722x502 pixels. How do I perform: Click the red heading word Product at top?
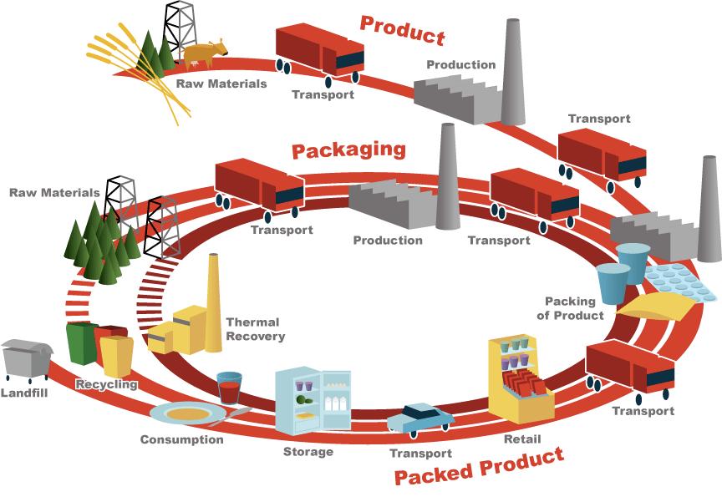pos(402,30)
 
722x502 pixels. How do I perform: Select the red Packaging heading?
pos(348,150)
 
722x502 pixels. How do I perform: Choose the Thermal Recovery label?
pos(256,329)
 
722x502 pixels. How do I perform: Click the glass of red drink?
pos(229,388)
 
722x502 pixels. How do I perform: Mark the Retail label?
pos(522,439)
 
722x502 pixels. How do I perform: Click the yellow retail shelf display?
pos(519,377)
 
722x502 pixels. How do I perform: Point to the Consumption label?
pos(181,439)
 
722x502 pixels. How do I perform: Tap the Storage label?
pos(308,452)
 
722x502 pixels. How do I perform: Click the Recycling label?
pos(106,385)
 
